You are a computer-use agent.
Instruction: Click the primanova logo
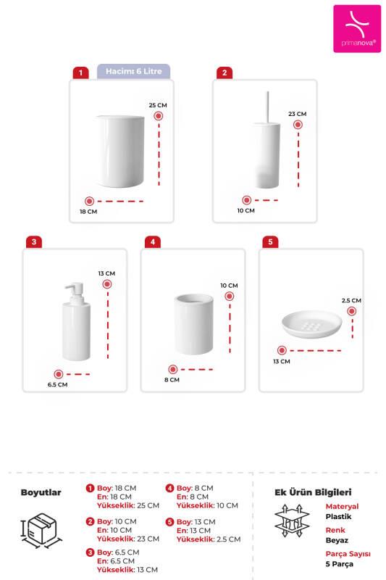point(356,28)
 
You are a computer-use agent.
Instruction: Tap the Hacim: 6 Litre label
point(134,71)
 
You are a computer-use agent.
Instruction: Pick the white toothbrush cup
point(193,323)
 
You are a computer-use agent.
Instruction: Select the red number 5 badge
point(270,241)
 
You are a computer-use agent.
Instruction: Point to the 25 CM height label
point(158,105)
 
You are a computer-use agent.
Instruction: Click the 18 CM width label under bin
point(88,212)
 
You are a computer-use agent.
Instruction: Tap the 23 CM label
point(298,114)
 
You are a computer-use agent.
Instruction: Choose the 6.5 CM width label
point(58,384)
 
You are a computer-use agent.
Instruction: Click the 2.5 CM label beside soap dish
point(351,300)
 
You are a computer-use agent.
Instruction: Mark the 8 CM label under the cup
point(172,379)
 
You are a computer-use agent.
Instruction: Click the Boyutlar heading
point(41,492)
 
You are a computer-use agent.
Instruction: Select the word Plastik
point(338,516)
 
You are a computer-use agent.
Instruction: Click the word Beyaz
point(337,540)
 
